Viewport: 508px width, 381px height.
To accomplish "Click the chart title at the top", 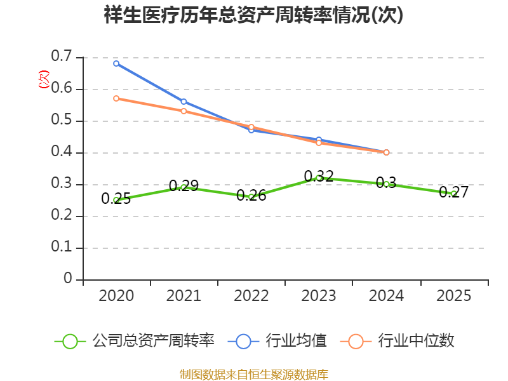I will click(x=253, y=15).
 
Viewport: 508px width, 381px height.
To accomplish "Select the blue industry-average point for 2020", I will click(x=116, y=63).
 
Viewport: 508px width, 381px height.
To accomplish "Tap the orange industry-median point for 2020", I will click(x=116, y=98).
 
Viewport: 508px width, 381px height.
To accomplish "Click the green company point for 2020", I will click(x=116, y=200).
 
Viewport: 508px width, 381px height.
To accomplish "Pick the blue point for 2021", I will click(x=184, y=102).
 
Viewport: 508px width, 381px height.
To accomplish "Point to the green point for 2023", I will click(x=319, y=178).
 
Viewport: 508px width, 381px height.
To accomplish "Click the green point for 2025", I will click(x=453, y=193).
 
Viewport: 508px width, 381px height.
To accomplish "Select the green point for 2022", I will click(x=251, y=197).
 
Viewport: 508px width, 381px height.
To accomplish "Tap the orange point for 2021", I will click(x=184, y=111).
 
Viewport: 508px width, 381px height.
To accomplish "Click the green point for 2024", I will click(x=386, y=184).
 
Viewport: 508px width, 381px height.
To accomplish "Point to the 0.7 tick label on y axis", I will click(x=62, y=57).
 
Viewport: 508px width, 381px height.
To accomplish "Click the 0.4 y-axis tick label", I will click(x=62, y=152).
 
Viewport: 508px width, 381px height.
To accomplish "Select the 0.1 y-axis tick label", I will click(x=62, y=248).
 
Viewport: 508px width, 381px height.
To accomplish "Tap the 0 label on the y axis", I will click(x=68, y=279).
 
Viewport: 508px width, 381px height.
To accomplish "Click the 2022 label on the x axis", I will click(x=251, y=296).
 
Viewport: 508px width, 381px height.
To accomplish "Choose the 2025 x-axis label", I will click(x=453, y=296).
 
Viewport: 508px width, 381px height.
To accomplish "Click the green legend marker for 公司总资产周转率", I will click(x=70, y=341).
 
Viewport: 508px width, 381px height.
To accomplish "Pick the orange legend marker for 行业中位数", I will click(x=356, y=341).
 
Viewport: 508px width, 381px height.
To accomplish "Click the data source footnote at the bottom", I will click(x=253, y=374).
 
